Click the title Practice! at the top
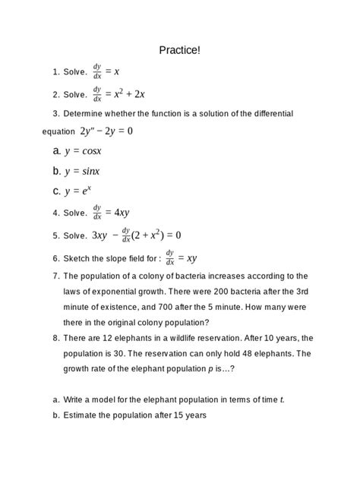click(x=180, y=50)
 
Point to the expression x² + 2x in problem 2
click(x=130, y=94)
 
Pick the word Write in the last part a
click(x=75, y=399)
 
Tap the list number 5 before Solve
click(x=56, y=235)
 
